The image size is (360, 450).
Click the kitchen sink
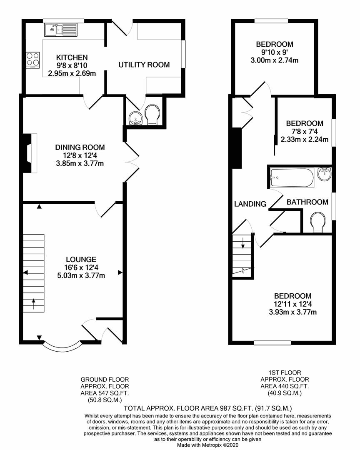[x=60, y=29]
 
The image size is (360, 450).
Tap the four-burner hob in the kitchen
[x=33, y=59]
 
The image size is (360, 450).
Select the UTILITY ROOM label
[x=144, y=65]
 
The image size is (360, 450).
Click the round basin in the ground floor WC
[x=135, y=118]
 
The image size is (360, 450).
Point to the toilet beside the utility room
[x=152, y=115]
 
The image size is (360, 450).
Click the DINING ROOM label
[x=80, y=147]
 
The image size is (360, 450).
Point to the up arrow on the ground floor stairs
[x=33, y=305]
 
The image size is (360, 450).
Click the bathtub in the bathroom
[x=292, y=177]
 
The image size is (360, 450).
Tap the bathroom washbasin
[x=324, y=174]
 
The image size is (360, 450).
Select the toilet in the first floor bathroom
[x=318, y=222]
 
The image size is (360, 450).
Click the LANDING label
[x=250, y=204]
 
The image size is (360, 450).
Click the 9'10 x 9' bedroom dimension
[x=275, y=52]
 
